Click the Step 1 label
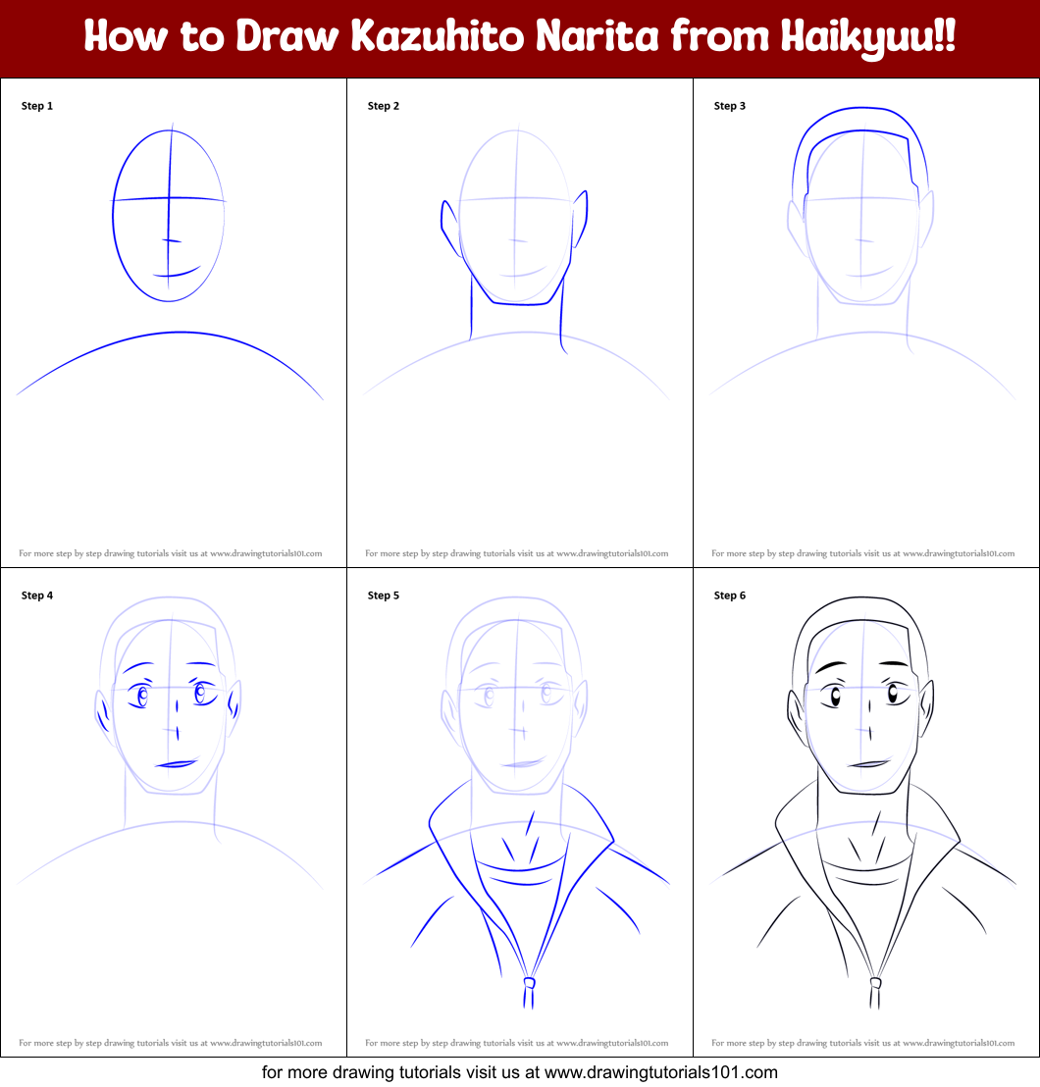(37, 106)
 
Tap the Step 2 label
(384, 106)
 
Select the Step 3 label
(730, 106)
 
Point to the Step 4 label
(37, 595)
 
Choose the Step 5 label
(384, 595)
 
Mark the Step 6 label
(730, 595)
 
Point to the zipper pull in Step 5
(529, 982)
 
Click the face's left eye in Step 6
(836, 698)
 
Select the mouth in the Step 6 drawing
(869, 763)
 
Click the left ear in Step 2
(447, 226)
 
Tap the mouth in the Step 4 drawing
(178, 762)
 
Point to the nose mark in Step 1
(172, 240)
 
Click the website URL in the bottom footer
(661, 1072)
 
